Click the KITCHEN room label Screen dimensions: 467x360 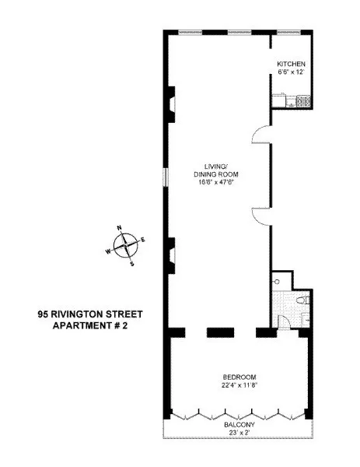click(x=292, y=63)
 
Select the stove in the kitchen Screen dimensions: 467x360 click(x=301, y=100)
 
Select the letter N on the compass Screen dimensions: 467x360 click(x=120, y=228)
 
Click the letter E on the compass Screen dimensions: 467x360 click(x=143, y=241)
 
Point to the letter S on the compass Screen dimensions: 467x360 click(x=131, y=264)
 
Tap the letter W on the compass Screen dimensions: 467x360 click(x=108, y=252)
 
